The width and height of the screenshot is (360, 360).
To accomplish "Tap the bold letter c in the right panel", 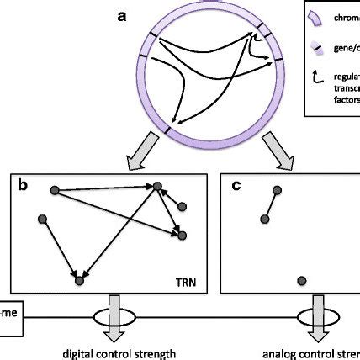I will tap(238, 186).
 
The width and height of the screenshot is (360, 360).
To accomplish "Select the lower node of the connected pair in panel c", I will tap(264, 219).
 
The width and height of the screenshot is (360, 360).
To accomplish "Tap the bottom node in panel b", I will tap(79, 282).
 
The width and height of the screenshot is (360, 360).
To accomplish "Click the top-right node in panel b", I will tap(156, 192).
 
